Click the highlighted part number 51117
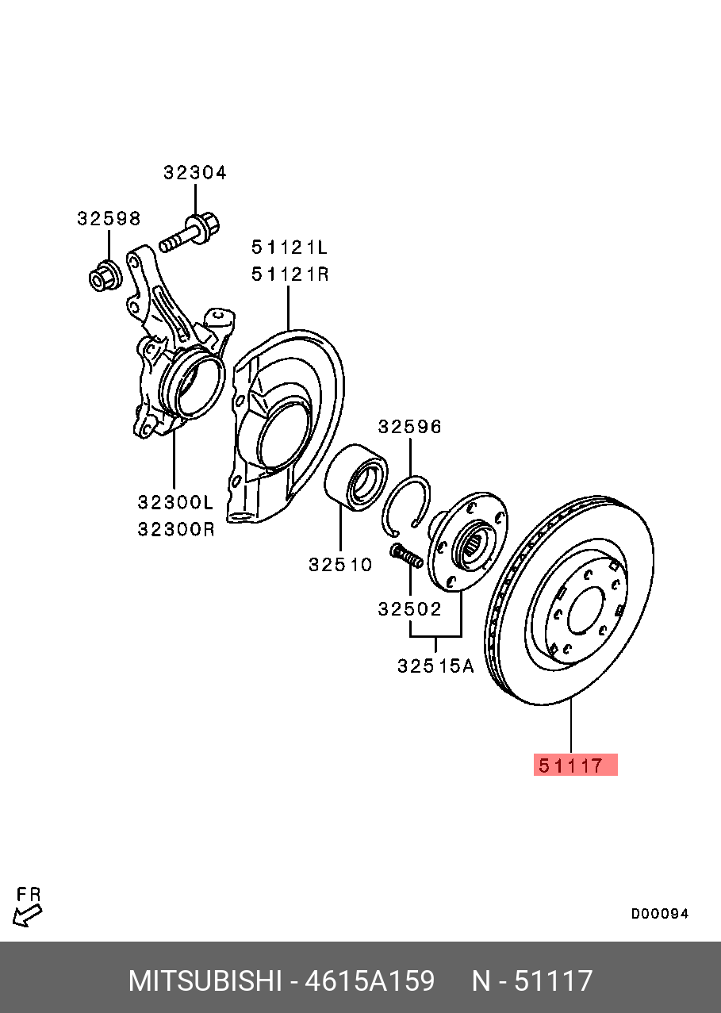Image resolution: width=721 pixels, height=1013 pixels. click(575, 766)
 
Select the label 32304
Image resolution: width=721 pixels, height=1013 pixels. click(195, 173)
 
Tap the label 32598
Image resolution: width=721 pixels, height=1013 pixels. click(109, 219)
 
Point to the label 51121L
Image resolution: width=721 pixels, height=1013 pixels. click(290, 247)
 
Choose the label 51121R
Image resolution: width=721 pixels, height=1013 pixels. click(290, 274)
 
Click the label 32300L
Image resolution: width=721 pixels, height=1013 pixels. click(176, 502)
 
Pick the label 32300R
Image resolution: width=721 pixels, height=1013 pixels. click(176, 529)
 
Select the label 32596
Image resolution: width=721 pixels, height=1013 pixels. click(410, 427)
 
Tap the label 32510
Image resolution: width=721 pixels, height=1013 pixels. click(340, 565)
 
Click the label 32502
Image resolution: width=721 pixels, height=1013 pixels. click(409, 609)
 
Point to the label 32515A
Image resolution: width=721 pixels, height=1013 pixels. click(435, 666)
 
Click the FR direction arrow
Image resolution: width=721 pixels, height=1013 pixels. click(28, 915)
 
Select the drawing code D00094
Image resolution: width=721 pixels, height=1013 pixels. click(659, 914)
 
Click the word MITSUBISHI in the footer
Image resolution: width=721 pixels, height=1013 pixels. click(205, 981)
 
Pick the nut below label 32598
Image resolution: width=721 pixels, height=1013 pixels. click(103, 275)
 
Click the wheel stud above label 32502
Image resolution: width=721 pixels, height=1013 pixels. click(405, 555)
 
